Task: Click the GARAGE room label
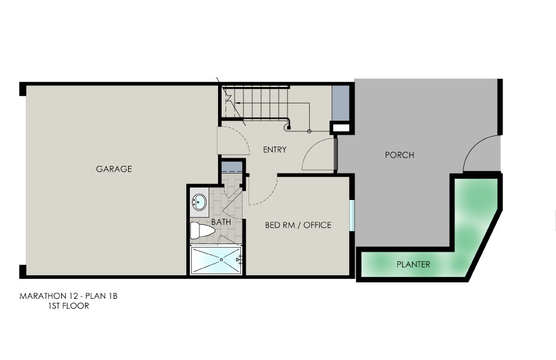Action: click(114, 169)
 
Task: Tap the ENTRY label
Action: click(275, 150)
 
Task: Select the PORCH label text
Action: click(400, 155)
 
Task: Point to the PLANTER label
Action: click(413, 265)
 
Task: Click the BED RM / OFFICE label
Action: click(298, 225)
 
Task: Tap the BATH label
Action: click(221, 222)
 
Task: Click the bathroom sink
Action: click(199, 202)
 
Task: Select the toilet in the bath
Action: click(202, 231)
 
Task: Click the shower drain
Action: click(221, 260)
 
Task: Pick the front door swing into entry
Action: click(317, 155)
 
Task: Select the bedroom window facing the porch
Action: click(351, 215)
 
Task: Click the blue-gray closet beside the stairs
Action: click(340, 103)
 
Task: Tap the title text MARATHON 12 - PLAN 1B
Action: click(68, 296)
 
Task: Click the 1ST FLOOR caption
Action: click(68, 306)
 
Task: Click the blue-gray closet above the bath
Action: click(232, 167)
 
